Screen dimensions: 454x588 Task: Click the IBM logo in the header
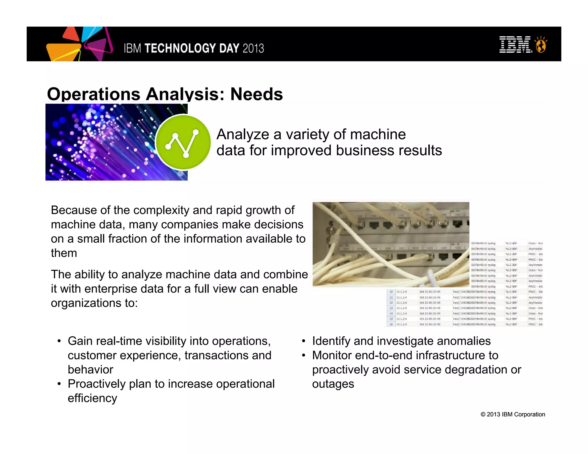[515, 45]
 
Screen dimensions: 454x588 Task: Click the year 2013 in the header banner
[253, 48]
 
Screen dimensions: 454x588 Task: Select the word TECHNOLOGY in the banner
[180, 48]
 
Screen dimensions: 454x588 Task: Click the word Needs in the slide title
[256, 94]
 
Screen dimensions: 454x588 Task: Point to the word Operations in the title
[94, 94]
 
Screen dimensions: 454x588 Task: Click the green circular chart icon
[183, 142]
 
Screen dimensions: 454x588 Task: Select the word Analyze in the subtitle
[243, 134]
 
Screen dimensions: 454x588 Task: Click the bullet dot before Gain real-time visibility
[59, 341]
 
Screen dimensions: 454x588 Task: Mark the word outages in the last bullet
[333, 384]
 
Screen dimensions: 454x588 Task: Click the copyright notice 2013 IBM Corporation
[513, 414]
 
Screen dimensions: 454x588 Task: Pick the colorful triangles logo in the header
[79, 44]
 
